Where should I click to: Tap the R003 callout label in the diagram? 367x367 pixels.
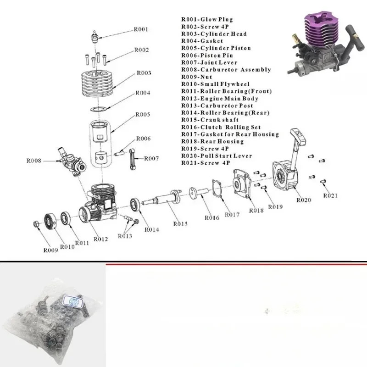coord(144,73)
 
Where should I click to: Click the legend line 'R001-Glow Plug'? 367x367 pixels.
coord(207,19)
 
